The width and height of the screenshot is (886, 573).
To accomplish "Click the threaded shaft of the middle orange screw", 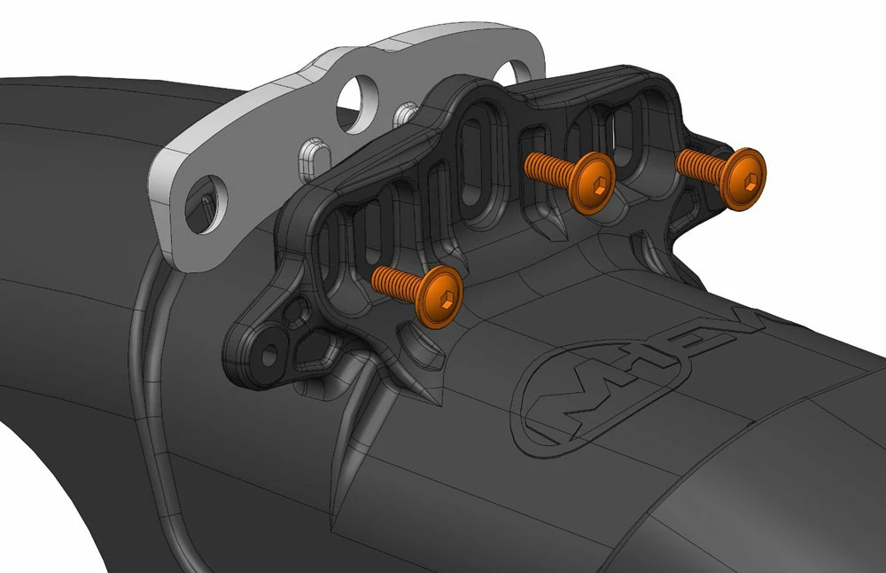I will (x=548, y=165).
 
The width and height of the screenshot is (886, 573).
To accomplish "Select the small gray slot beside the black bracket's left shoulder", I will (x=311, y=157).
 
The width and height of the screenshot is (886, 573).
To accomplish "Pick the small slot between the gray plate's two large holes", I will (x=407, y=114).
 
